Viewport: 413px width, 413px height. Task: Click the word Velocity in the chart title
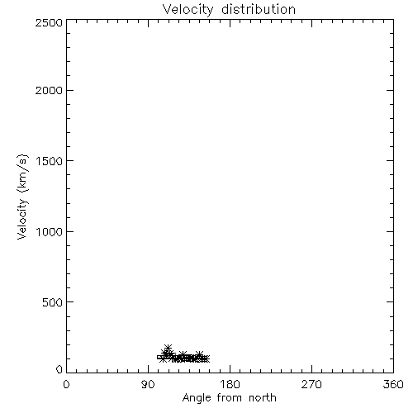pyautogui.click(x=188, y=10)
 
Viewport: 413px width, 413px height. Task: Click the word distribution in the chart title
pyautogui.click(x=259, y=9)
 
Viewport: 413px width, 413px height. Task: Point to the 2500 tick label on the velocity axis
pyautogui.click(x=49, y=22)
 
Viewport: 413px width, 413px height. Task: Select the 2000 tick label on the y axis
pyautogui.click(x=49, y=90)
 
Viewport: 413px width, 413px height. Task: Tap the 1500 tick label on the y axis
pyautogui.click(x=50, y=161)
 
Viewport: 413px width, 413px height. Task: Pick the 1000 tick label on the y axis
pyautogui.click(x=50, y=232)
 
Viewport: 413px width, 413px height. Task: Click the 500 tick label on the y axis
pyautogui.click(x=53, y=302)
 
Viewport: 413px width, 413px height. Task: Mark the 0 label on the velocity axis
pyautogui.click(x=59, y=369)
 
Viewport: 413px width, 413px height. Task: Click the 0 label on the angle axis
pyautogui.click(x=66, y=384)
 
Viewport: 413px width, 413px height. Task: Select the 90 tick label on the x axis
pyautogui.click(x=148, y=384)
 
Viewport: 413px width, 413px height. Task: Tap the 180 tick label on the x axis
pyautogui.click(x=230, y=384)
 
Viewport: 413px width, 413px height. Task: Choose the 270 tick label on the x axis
pyautogui.click(x=311, y=384)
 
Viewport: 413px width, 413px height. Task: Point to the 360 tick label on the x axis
pyautogui.click(x=393, y=384)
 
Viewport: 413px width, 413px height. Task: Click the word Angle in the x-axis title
pyautogui.click(x=197, y=398)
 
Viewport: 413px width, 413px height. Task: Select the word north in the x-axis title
pyautogui.click(x=263, y=397)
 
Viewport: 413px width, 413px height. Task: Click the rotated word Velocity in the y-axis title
pyautogui.click(x=22, y=219)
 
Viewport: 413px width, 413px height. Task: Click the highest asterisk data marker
pyautogui.click(x=168, y=348)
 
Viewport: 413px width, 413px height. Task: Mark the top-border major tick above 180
pyautogui.click(x=230, y=23)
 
